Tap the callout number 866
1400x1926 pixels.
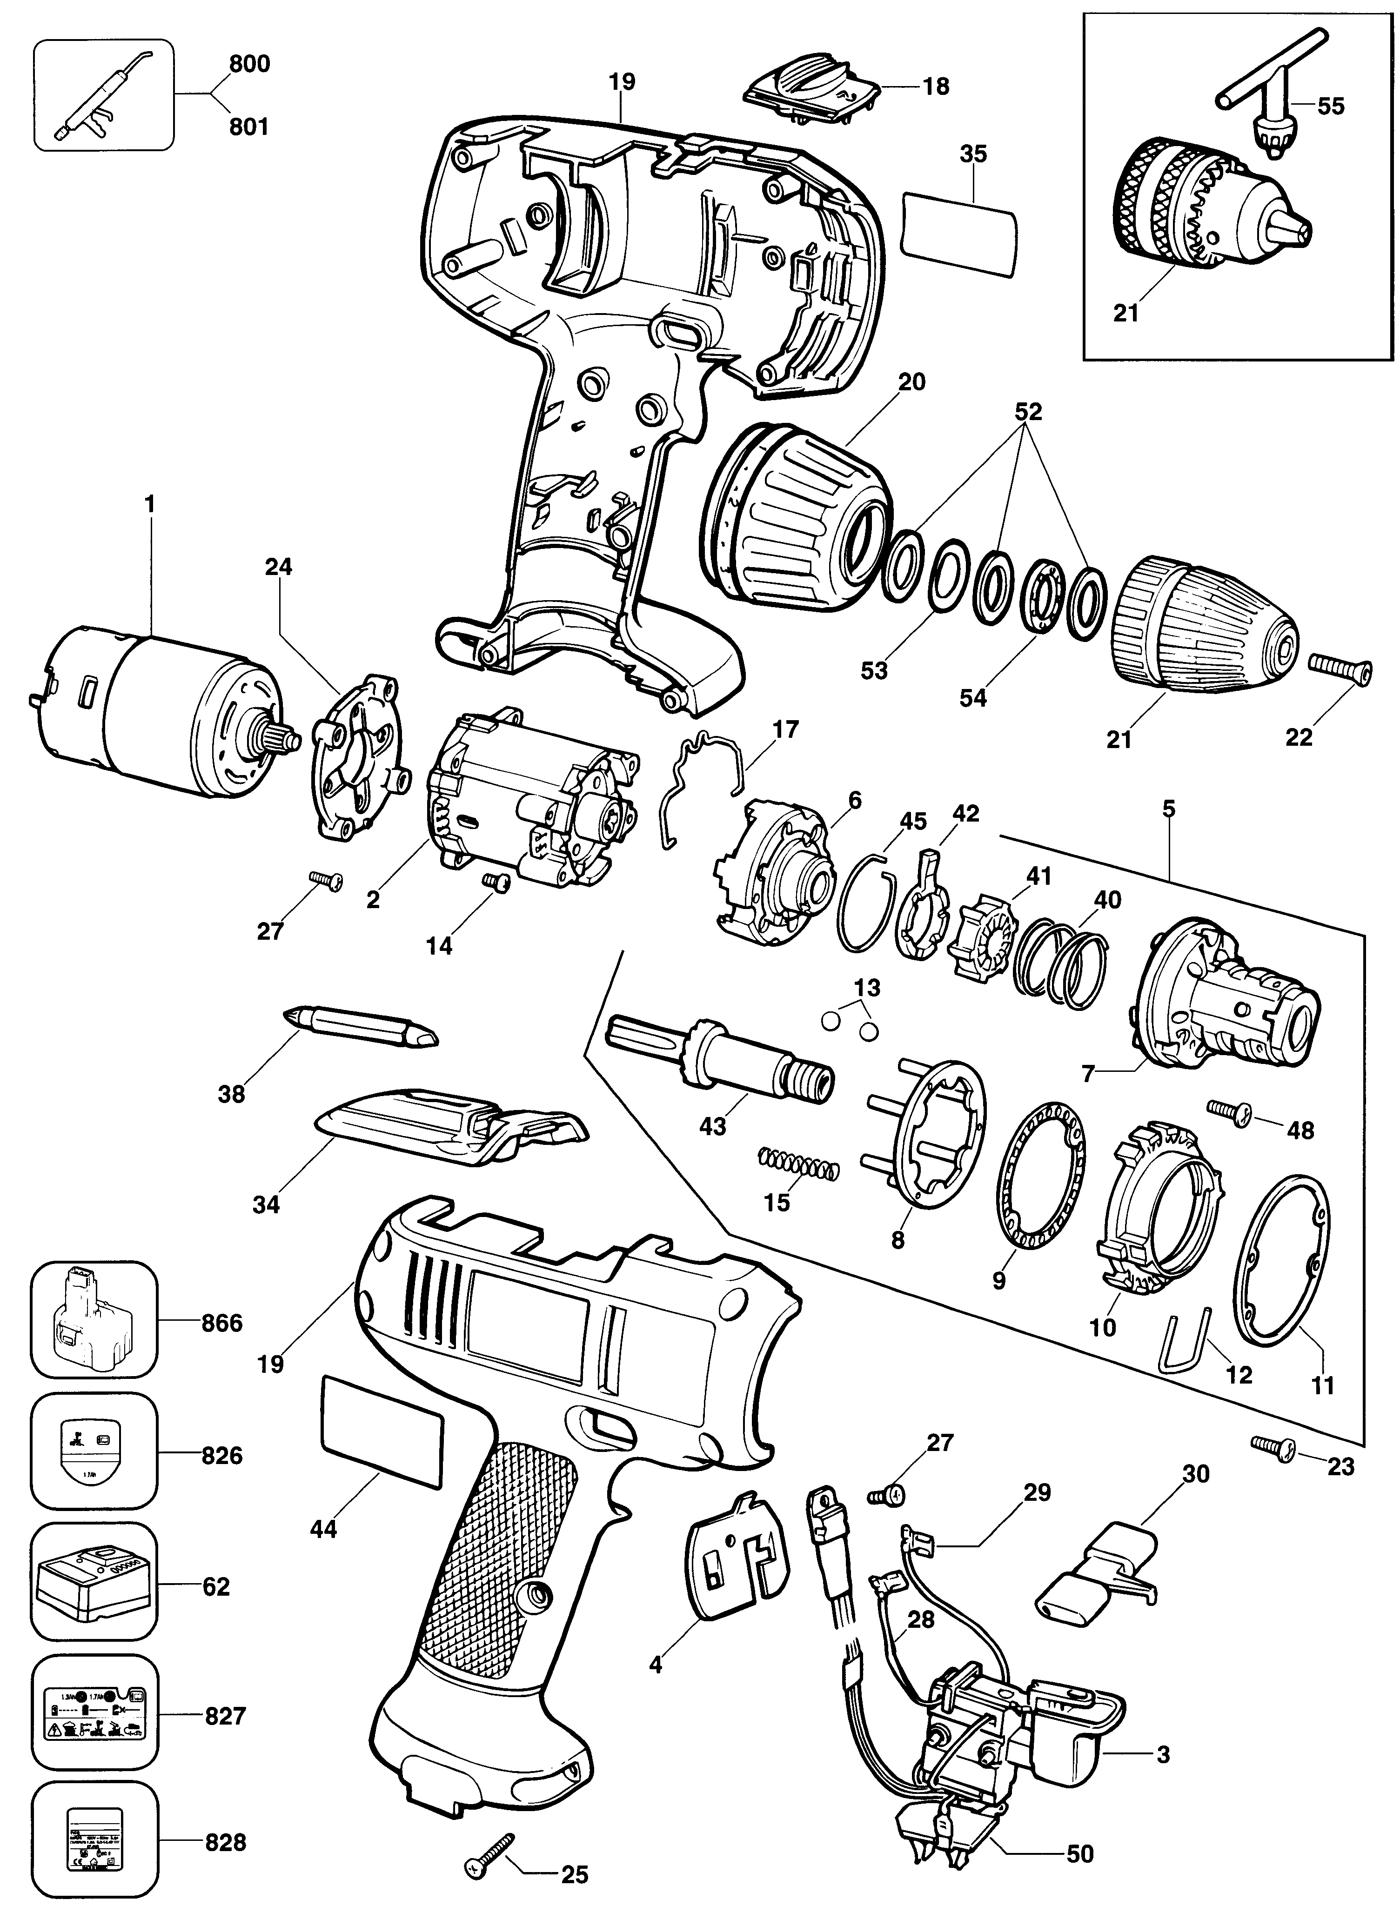(x=222, y=1322)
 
